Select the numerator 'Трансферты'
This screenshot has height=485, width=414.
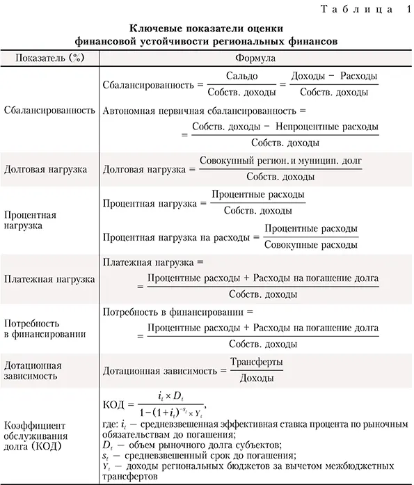point(257,362)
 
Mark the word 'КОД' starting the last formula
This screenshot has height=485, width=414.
point(113,404)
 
